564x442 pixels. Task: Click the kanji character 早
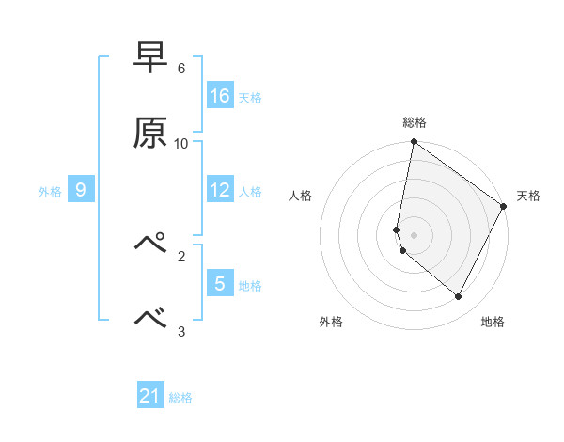150,58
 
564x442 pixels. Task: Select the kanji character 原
150,133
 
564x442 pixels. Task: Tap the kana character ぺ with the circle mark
150,244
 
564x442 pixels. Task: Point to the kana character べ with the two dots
150,318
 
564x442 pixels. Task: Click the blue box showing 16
220,96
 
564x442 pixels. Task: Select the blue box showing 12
220,191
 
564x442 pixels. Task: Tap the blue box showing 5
220,283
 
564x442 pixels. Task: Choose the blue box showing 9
81,191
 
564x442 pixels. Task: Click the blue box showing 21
150,397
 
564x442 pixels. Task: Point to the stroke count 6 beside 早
181,69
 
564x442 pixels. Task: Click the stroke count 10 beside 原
181,143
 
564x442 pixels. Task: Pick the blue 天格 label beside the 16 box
250,97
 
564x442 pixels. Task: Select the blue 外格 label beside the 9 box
50,192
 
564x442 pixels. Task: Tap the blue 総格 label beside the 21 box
180,398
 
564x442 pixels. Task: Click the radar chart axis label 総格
415,122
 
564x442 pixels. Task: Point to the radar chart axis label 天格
528,196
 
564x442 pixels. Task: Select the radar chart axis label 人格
300,196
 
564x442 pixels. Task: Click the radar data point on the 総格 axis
414,143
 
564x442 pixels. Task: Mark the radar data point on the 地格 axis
459,297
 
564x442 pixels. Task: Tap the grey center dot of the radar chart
414,234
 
